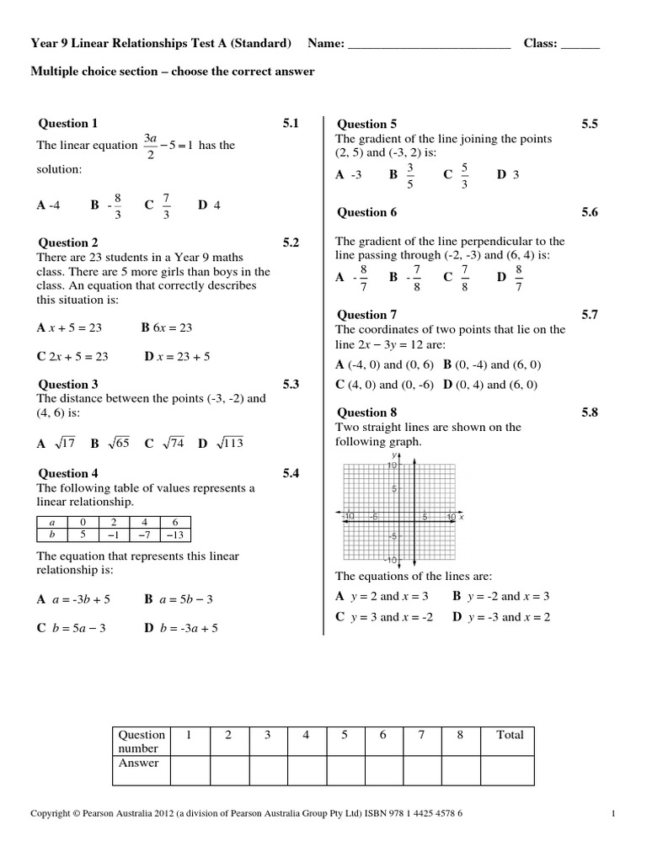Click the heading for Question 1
pyautogui.click(x=67, y=124)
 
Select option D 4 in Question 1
pyautogui.click(x=209, y=205)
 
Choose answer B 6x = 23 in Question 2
pyautogui.click(x=167, y=327)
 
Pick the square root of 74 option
pyautogui.click(x=164, y=443)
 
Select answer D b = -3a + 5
pyautogui.click(x=181, y=627)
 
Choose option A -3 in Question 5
pyautogui.click(x=348, y=175)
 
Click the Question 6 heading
pyautogui.click(x=367, y=212)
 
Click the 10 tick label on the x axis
pyautogui.click(x=451, y=516)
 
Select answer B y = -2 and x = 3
pyautogui.click(x=501, y=596)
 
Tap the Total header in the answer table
pyautogui.click(x=510, y=735)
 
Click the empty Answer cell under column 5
pyautogui.click(x=345, y=769)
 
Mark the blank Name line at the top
pyautogui.click(x=429, y=44)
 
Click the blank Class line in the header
pyautogui.click(x=580, y=44)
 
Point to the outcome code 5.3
pyautogui.click(x=291, y=384)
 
